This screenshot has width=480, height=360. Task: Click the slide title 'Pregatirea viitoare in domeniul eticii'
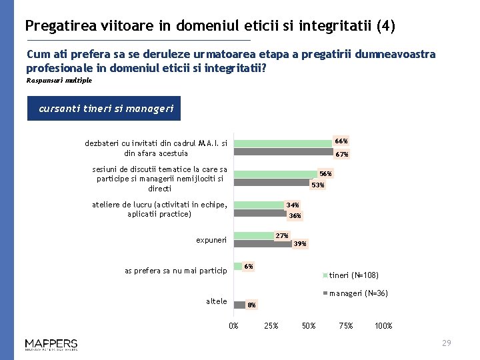210,26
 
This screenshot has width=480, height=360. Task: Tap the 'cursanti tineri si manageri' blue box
104,109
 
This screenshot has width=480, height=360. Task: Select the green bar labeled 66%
283,143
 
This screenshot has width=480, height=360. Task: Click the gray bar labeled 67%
284,151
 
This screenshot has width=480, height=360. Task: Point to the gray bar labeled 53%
272,183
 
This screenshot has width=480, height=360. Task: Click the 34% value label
293,205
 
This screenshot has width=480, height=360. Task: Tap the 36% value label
295,215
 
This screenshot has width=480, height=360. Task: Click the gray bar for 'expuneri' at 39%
263,244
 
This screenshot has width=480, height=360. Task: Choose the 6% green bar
237,267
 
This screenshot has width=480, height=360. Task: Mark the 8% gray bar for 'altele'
239,303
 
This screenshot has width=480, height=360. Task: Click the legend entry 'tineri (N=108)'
354,275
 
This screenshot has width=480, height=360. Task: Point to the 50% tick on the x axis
309,326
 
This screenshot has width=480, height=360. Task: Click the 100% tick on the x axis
383,326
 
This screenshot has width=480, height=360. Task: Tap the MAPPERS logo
51,344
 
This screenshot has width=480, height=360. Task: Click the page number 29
447,343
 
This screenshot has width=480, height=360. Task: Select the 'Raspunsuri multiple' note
59,81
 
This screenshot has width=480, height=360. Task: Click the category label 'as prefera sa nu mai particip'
176,270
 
